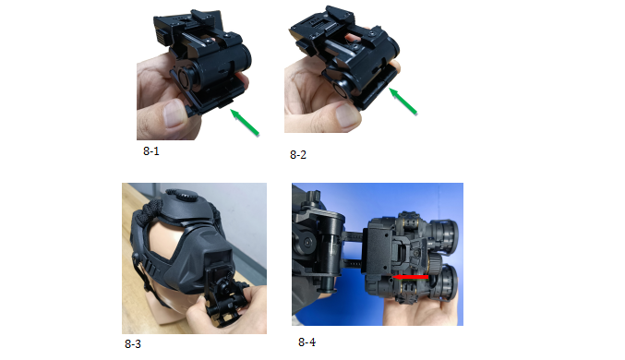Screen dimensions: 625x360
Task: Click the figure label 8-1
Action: (x=151, y=151)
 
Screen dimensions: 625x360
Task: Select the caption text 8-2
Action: (x=298, y=155)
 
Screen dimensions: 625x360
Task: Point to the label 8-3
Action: (x=133, y=343)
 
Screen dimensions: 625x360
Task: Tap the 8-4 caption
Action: (x=306, y=342)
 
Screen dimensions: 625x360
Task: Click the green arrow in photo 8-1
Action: (x=245, y=123)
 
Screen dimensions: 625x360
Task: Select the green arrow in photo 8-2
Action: (x=403, y=102)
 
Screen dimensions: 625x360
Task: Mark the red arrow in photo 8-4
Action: (x=410, y=277)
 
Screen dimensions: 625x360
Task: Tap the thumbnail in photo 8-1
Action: (x=174, y=114)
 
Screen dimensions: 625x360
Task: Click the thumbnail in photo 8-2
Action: (x=347, y=114)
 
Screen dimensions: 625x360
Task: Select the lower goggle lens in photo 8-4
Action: (x=447, y=282)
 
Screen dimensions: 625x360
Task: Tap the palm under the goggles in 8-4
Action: (x=418, y=311)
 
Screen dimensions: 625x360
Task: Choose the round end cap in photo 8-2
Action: (x=343, y=90)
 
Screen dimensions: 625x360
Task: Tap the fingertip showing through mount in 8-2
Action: (x=352, y=38)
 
